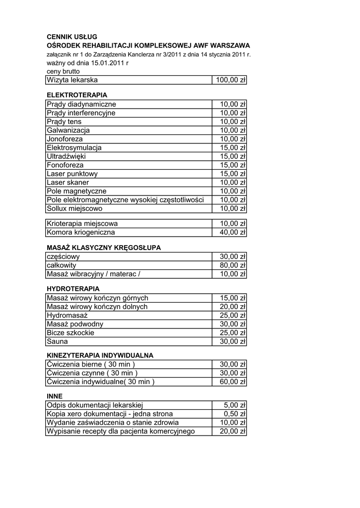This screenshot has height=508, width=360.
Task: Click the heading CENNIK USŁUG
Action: point(72,37)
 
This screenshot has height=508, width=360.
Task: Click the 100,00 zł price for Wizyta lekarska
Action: point(230,80)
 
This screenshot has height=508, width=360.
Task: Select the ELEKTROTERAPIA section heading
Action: point(77,94)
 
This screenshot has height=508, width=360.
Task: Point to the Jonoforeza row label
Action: point(65,139)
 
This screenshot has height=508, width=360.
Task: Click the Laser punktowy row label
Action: point(72,174)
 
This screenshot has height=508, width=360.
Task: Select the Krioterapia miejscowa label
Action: point(82,223)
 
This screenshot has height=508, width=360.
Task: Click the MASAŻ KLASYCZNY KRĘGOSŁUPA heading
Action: point(104,247)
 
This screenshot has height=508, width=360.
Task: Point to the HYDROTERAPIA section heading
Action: point(73,288)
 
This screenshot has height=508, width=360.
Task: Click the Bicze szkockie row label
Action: point(70,332)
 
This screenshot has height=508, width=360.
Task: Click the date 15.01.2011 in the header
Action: point(108,63)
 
